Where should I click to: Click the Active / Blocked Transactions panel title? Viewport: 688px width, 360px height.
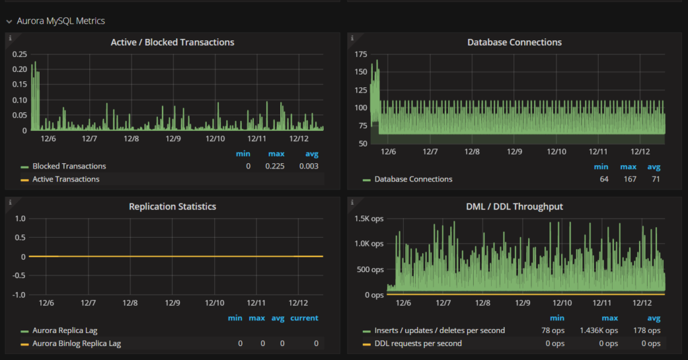pyautogui.click(x=172, y=42)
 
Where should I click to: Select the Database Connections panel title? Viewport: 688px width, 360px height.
pyautogui.click(x=514, y=42)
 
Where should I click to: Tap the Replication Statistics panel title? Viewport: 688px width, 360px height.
pyautogui.click(x=172, y=207)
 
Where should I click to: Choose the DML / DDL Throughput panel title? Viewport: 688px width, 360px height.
pyautogui.click(x=514, y=207)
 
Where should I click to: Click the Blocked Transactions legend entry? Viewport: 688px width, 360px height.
pyautogui.click(x=69, y=166)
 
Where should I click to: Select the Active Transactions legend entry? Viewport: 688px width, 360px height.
pyautogui.click(x=65, y=179)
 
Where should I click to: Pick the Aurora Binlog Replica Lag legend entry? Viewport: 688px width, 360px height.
pyautogui.click(x=77, y=343)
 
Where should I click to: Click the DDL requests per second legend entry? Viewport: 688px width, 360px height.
pyautogui.click(x=418, y=343)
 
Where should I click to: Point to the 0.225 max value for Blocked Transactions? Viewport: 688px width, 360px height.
pyautogui.click(x=275, y=166)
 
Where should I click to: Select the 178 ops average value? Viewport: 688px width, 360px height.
pyautogui.click(x=648, y=330)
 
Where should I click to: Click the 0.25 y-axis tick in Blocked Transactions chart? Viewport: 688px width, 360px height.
pyautogui.click(x=19, y=54)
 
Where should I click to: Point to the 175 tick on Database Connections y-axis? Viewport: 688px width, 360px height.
pyautogui.click(x=360, y=54)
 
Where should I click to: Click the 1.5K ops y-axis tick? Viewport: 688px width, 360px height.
pyautogui.click(x=368, y=219)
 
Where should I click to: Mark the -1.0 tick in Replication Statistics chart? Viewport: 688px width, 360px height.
pyautogui.click(x=19, y=295)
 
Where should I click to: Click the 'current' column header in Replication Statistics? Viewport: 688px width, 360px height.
pyautogui.click(x=304, y=318)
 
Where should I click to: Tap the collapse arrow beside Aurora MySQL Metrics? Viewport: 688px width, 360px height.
pyautogui.click(x=9, y=21)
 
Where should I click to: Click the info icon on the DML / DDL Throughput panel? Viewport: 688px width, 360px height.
pyautogui.click(x=351, y=201)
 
